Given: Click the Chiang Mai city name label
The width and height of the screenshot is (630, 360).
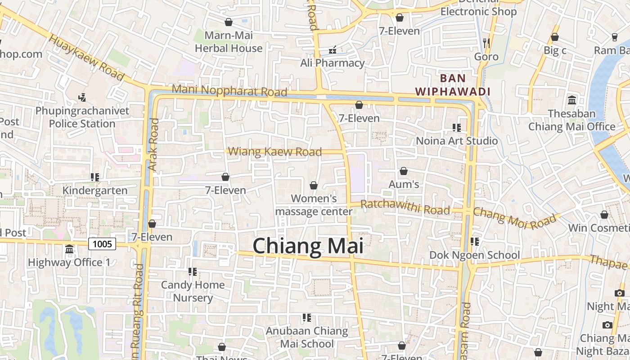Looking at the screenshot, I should (x=308, y=246).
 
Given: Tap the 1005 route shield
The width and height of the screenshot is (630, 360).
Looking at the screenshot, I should (x=102, y=244).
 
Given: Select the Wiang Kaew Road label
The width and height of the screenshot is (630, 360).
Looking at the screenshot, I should (x=275, y=152).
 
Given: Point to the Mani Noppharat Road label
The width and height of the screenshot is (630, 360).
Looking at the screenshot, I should (x=229, y=90).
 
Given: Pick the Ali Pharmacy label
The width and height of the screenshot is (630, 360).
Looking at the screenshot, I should (x=332, y=63).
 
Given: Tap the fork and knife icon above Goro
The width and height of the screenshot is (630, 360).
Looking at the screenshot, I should (x=486, y=43).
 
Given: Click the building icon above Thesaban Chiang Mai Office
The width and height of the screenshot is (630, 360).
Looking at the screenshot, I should (x=572, y=100).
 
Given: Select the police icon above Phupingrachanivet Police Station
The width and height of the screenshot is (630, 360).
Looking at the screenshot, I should (x=82, y=97).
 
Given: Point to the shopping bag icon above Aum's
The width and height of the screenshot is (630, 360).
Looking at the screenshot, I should (x=404, y=171).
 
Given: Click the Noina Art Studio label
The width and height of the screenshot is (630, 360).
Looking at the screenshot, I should (x=457, y=140).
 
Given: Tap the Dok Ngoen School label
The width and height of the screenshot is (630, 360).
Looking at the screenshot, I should (x=475, y=255).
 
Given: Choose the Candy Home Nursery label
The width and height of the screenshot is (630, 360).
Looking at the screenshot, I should (x=193, y=291).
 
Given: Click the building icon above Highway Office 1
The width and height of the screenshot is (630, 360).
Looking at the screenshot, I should (x=69, y=249).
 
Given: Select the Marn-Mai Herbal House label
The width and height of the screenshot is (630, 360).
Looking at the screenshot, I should (x=229, y=41).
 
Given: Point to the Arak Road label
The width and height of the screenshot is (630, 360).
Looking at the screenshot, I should (x=153, y=144).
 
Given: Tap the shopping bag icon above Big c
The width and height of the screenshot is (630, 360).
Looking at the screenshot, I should (x=555, y=37).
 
